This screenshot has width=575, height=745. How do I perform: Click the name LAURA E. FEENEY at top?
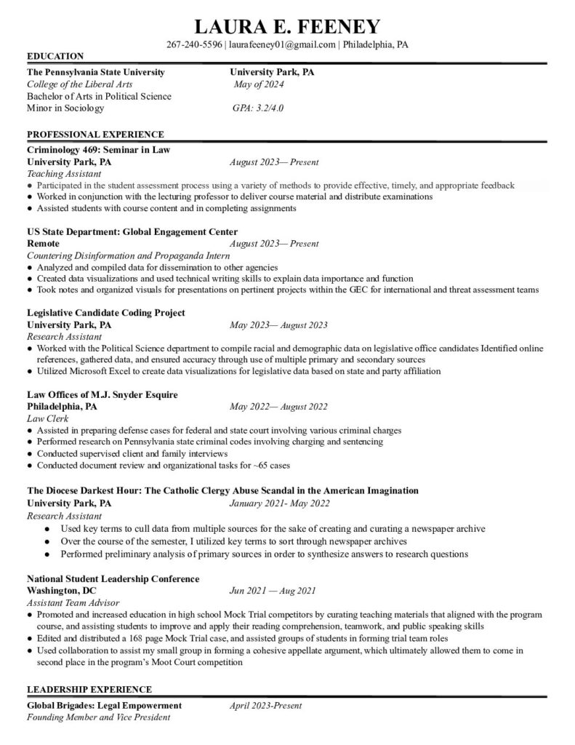[x=288, y=27]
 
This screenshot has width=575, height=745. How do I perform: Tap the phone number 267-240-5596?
[x=195, y=44]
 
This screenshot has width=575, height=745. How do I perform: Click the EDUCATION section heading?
[x=55, y=56]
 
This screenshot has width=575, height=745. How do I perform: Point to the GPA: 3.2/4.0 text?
[x=257, y=108]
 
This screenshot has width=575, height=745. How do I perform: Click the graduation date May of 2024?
[x=259, y=84]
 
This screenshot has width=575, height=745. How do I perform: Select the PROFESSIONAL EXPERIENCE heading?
[x=95, y=135]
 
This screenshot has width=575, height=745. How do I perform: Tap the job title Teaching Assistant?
[x=64, y=174]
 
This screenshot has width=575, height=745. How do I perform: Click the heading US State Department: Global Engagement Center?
[x=132, y=232]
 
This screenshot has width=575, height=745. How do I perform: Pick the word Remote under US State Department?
[x=44, y=244]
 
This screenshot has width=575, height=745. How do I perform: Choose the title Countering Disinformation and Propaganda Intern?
[x=128, y=256]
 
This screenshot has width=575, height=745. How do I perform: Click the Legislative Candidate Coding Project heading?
[x=106, y=313]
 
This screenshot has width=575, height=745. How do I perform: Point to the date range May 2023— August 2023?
[x=278, y=325]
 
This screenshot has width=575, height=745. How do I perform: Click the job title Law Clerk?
[x=47, y=418]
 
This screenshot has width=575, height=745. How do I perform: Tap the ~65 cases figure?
[x=270, y=466]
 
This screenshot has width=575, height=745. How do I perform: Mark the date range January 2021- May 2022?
[x=279, y=503]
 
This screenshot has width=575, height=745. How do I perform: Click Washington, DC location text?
[x=61, y=591]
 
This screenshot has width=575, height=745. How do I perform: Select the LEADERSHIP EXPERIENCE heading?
[x=89, y=690]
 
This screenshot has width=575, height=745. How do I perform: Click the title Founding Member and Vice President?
[x=98, y=717]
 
